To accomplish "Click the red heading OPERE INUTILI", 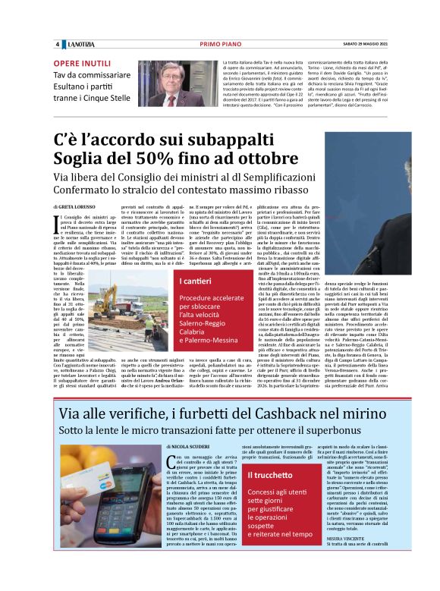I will coord(83,64).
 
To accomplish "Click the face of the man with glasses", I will coord(168,80).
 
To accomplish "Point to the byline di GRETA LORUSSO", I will coord(74,206).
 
